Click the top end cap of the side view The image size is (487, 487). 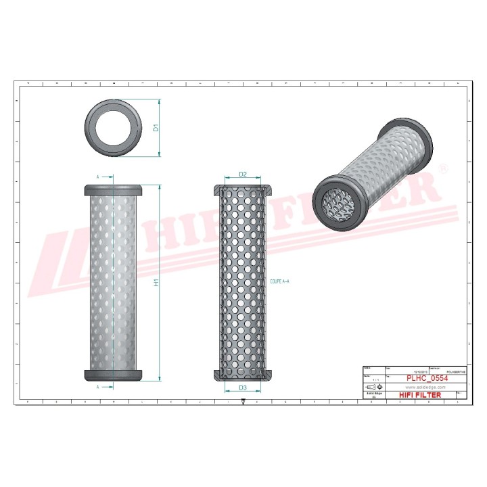point(112,189)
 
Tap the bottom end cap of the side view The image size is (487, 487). point(112,374)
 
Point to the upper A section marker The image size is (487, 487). point(98,177)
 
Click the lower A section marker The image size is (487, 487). point(98,387)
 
